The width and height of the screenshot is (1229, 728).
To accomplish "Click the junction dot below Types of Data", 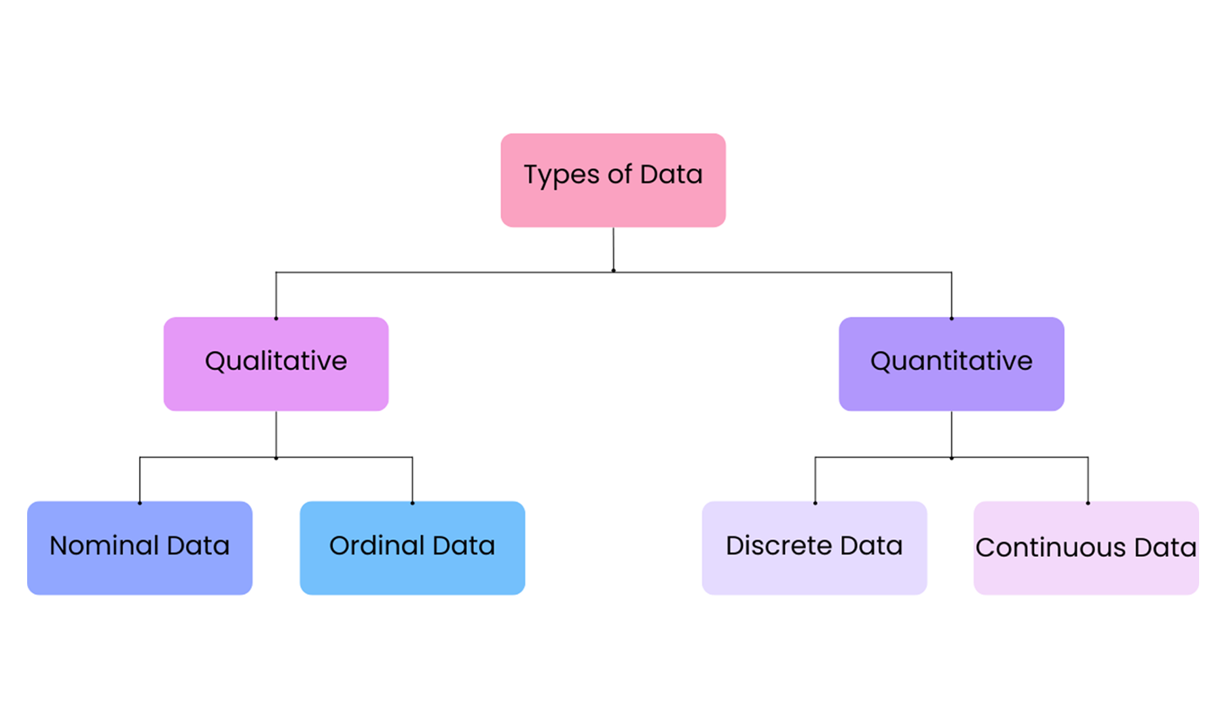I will [x=613, y=271].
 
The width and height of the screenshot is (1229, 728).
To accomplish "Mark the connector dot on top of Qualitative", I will [x=276, y=318].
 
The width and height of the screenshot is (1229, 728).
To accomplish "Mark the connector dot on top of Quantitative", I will [x=951, y=318].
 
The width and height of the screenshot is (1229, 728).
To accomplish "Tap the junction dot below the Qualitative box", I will [x=276, y=458].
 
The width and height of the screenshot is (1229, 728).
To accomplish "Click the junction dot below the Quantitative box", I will [x=951, y=458].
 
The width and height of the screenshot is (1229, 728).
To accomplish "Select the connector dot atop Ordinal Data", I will [x=412, y=503].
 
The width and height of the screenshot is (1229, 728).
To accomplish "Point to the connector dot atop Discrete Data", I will [x=815, y=503].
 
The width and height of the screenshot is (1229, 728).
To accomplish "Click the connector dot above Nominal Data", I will [x=140, y=503].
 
